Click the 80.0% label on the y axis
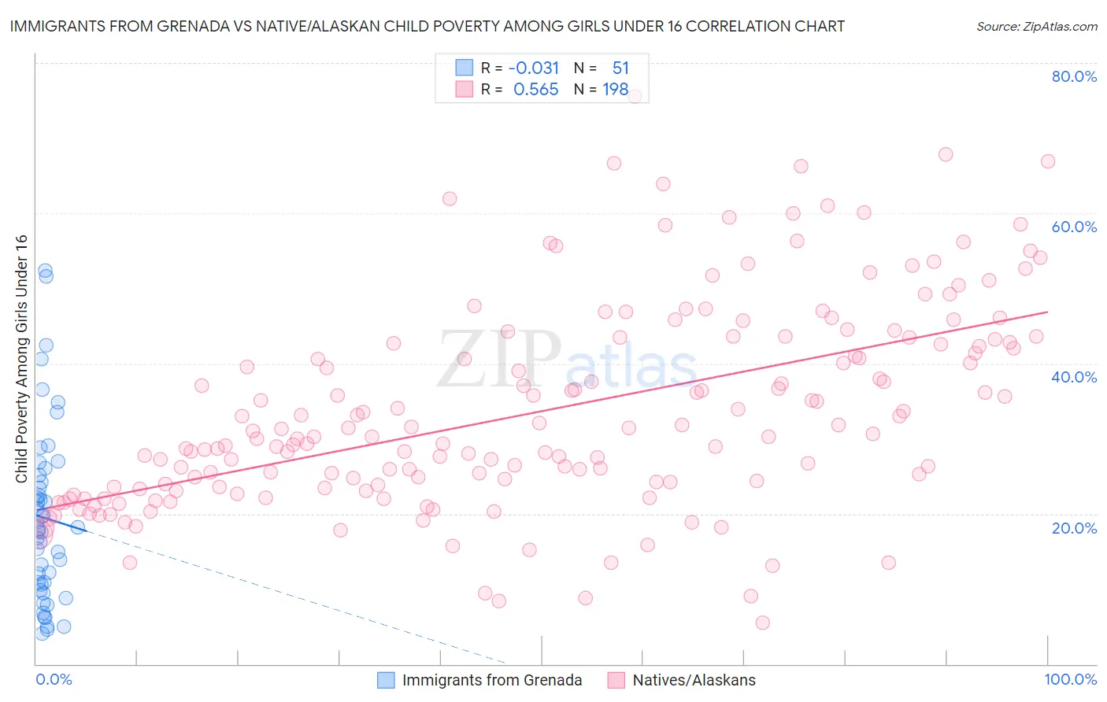(1074, 76)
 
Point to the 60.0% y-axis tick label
(1074, 227)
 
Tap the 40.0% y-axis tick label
(1074, 377)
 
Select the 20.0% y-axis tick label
(1074, 527)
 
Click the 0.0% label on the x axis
(54, 679)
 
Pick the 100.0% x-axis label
(1070, 679)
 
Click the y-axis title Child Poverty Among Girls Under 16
(21, 359)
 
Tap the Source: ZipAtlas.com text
(1036, 26)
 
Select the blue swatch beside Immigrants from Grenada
(386, 680)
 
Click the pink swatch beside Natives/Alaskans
(616, 680)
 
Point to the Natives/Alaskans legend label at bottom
(694, 680)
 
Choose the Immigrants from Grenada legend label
(492, 680)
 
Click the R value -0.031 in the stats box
(534, 68)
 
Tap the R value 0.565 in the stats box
(535, 90)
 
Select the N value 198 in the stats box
(616, 90)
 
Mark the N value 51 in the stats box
(620, 68)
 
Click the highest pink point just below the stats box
(634, 96)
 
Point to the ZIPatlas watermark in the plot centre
(567, 360)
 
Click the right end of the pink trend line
(1047, 312)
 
